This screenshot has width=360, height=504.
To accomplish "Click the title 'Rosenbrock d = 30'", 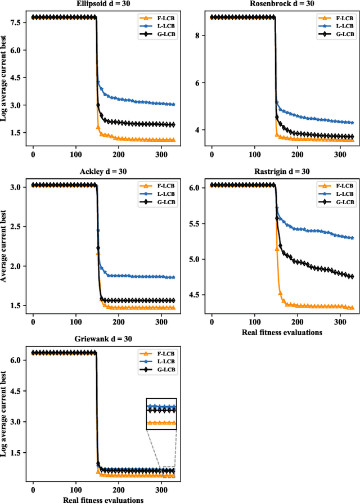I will coord(282,4).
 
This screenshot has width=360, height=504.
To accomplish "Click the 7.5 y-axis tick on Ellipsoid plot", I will coord(16,22).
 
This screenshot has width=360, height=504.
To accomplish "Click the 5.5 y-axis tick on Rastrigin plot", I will coord(195,223).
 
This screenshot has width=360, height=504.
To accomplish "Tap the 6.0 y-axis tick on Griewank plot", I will coord(16,360).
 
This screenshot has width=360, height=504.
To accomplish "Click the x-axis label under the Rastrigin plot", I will coord(282,332).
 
